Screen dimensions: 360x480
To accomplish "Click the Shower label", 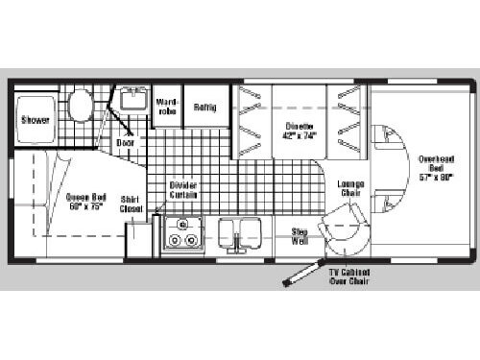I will (36, 120).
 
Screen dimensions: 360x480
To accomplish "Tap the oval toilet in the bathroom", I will (82, 103).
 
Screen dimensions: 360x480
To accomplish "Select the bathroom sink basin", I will (132, 100).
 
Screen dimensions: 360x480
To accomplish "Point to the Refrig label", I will (204, 107).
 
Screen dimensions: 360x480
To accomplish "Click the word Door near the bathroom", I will (126, 142).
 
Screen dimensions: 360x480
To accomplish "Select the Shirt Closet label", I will (131, 204).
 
